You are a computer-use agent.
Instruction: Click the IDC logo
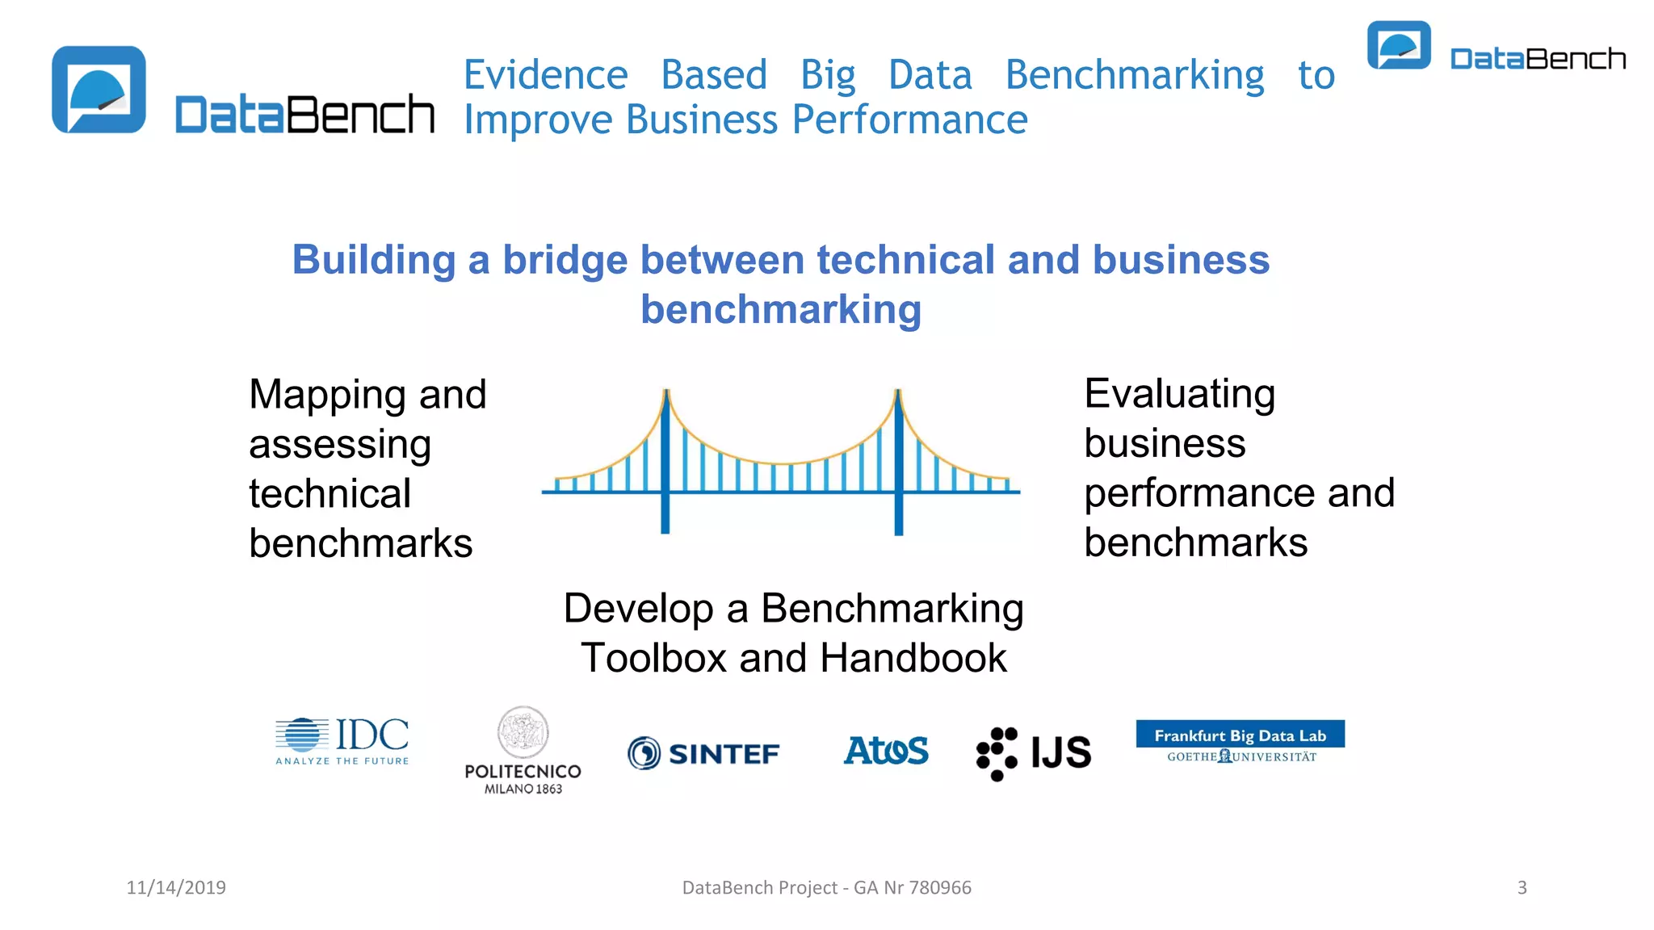click(x=342, y=740)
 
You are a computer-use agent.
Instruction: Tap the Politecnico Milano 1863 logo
click(x=523, y=751)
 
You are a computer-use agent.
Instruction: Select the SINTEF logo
click(x=704, y=753)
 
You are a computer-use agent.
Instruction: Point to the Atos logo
click(x=886, y=750)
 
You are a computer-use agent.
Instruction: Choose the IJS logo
click(x=1034, y=753)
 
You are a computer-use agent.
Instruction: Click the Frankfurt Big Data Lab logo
click(x=1240, y=742)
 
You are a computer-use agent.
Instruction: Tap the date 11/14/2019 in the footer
click(x=176, y=887)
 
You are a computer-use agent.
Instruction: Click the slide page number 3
click(x=1522, y=887)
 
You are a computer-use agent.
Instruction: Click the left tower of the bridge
click(x=665, y=460)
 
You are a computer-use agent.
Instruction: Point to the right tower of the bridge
click(x=898, y=460)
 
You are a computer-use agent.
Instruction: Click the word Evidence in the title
click(x=546, y=75)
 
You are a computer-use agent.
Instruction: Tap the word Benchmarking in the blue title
click(x=1135, y=75)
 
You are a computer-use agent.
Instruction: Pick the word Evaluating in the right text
click(x=1179, y=395)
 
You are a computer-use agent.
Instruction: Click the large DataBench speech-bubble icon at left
click(x=99, y=90)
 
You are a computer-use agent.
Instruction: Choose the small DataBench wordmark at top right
click(x=1538, y=59)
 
